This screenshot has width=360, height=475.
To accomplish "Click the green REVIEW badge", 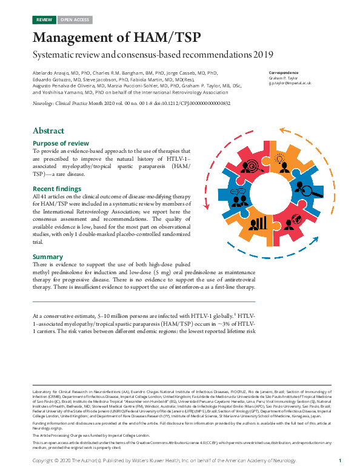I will pos(44,20).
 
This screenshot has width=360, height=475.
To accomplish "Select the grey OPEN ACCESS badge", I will pos(75,20).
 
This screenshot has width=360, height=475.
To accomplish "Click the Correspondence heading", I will pos(285,73).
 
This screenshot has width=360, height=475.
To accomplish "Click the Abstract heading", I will pos(48,130).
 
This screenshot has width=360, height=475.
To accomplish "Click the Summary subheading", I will pos(48,257).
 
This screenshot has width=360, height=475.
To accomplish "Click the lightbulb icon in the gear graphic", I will pos(281,159).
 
